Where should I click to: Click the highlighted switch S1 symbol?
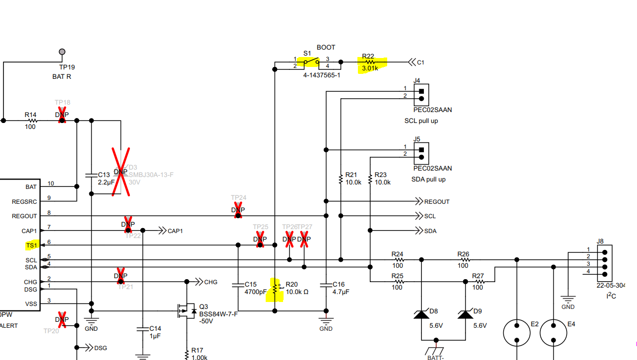point(311,62)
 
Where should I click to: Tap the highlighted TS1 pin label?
point(32,245)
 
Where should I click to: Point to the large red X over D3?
point(120,172)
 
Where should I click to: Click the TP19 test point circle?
point(62,52)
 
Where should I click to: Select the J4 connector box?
point(421,95)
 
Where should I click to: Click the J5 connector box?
point(421,153)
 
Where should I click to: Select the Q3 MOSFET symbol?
point(184,311)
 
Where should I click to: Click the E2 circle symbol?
point(517,332)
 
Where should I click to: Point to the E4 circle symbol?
point(553,332)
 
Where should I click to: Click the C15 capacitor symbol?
point(238,285)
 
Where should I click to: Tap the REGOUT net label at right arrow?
point(437,202)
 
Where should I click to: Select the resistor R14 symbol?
point(33,120)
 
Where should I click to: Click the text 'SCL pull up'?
point(421,121)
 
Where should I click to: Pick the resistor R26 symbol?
point(464,259)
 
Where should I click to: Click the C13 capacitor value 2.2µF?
point(107,182)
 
